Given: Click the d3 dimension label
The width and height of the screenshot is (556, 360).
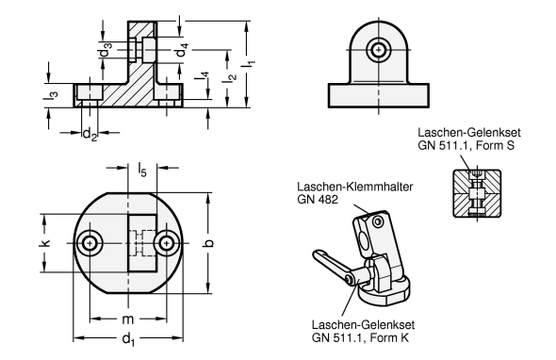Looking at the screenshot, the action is tap(105, 50).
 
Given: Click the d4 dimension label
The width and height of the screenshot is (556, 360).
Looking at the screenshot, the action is tap(182, 50).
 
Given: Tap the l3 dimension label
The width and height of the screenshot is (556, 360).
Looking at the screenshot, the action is tap(51, 94).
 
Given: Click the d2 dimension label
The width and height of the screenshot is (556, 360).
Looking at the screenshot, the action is tap(90, 135).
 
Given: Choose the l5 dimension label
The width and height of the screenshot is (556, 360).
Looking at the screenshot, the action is tap(142, 170).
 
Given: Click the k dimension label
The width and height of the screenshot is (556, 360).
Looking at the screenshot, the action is tap(45, 243).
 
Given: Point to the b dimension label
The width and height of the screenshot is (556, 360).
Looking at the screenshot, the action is tap(209, 243).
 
